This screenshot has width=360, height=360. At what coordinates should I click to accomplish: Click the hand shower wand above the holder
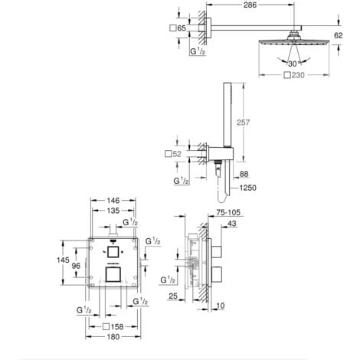pyautogui.click(x=227, y=123)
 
